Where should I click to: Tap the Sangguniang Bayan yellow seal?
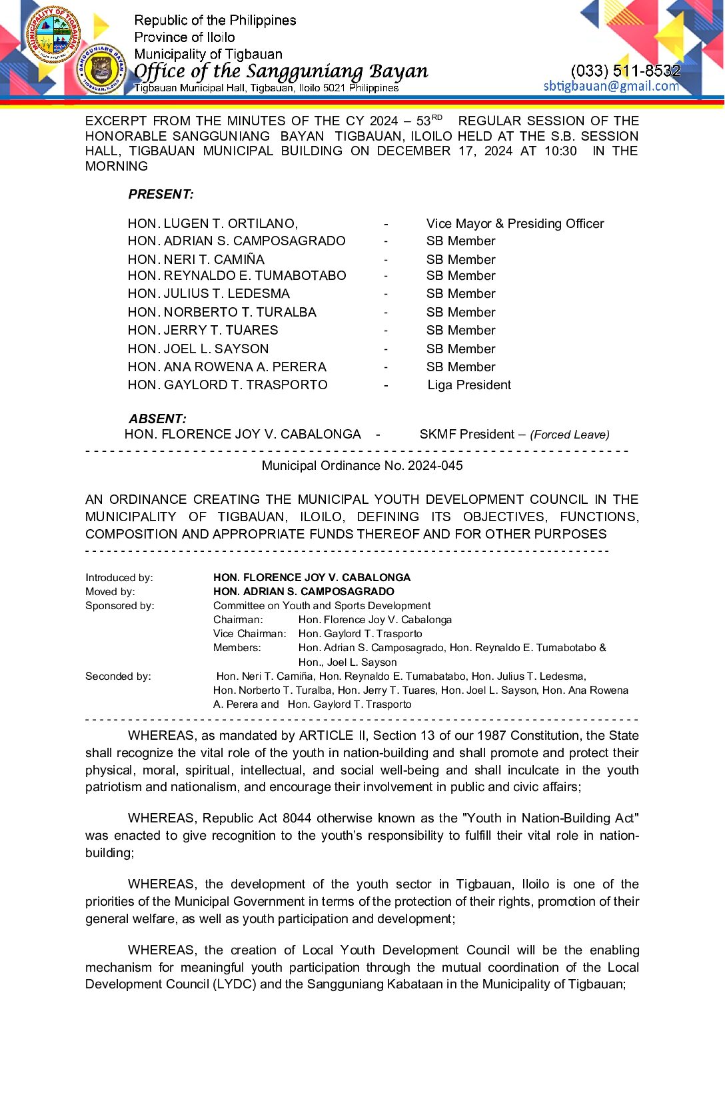tap(101, 69)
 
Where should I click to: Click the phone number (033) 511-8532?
tap(625, 71)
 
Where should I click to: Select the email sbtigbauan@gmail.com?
tap(611, 86)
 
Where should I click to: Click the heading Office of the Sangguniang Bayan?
tap(281, 71)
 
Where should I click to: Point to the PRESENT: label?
tap(161, 195)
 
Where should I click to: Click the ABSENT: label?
tap(157, 419)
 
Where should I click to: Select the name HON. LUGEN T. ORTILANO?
tap(213, 224)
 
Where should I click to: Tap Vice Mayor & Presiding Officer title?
tap(514, 224)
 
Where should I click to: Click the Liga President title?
tap(469, 385)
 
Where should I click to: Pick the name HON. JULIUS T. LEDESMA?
tap(209, 294)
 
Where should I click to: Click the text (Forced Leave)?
tap(569, 435)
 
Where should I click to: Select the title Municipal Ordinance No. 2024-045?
tap(362, 466)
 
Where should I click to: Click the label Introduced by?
tap(119, 578)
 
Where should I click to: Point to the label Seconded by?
tap(118, 676)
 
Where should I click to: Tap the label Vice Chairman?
tap(249, 634)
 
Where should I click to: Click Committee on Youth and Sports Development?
tap(321, 606)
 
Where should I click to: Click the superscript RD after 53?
tap(437, 117)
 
